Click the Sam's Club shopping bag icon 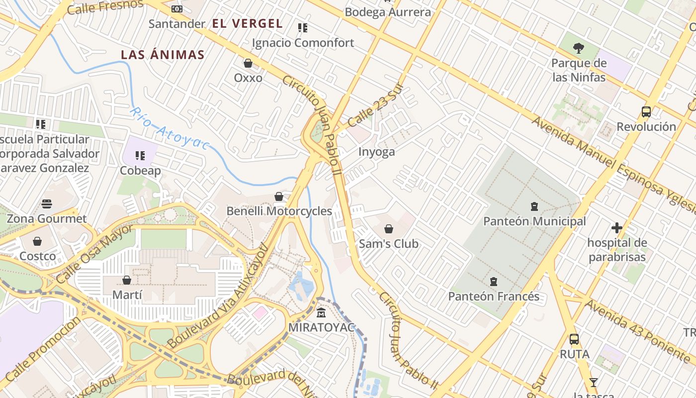[389, 229]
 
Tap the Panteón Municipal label [534, 221]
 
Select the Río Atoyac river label [169, 128]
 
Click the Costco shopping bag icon [37, 241]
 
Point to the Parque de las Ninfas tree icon [578, 48]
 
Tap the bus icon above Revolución [646, 112]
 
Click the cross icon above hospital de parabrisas [617, 228]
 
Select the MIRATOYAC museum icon [321, 313]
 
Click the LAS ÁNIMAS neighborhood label [163, 55]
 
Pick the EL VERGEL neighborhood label [247, 23]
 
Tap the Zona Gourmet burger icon [47, 204]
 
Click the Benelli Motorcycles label [279, 211]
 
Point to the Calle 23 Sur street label [375, 105]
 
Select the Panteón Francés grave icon [493, 282]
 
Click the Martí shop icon [127, 280]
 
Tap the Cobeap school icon [140, 156]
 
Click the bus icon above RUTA [574, 339]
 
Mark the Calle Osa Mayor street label [94, 254]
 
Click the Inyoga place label [376, 152]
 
